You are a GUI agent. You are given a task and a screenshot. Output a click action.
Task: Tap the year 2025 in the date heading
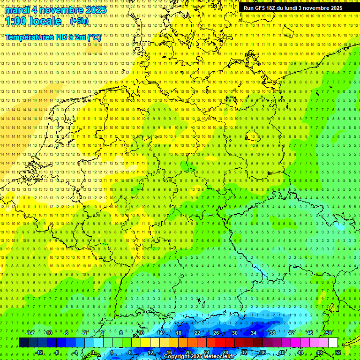point(95,10)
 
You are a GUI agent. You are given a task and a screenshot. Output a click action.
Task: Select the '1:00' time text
point(15,21)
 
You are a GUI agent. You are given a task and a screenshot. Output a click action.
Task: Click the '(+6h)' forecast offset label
point(78,21)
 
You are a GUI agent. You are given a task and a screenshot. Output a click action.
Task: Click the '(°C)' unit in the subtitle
point(93,37)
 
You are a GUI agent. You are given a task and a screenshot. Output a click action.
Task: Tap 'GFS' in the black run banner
point(261,8)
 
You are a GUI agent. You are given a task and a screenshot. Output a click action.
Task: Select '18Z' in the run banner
point(274,8)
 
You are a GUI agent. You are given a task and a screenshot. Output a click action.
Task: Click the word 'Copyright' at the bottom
point(177,357)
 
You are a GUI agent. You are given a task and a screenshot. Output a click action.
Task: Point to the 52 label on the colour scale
point(338,352)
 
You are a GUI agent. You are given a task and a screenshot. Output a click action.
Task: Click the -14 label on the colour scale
point(30,333)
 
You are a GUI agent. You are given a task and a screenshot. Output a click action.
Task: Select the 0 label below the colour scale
point(93,352)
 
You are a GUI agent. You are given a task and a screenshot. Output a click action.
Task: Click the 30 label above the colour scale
point(234,333)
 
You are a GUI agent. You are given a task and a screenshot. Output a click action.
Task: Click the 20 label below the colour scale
point(187,352)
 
